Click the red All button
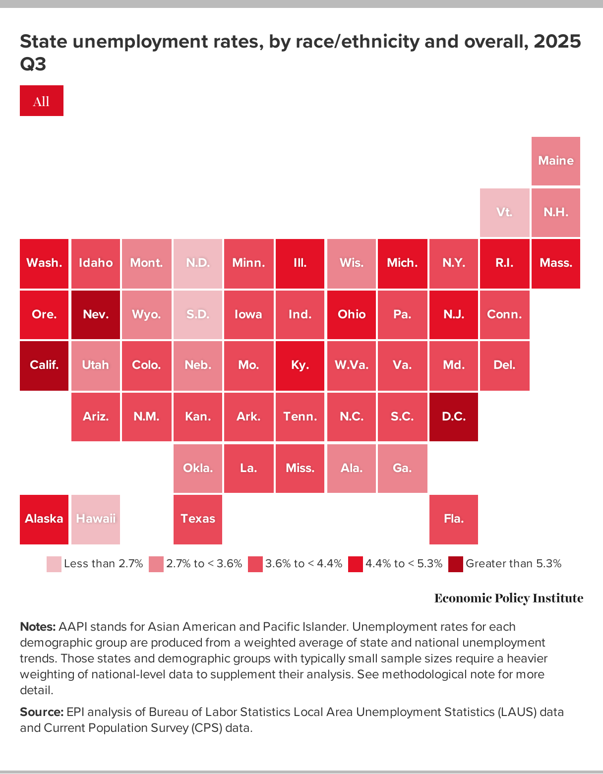(42, 101)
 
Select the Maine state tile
(555, 161)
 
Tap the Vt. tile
(504, 212)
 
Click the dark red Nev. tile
(96, 314)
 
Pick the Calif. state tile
(44, 365)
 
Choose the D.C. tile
(453, 417)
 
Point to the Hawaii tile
(96, 519)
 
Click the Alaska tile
(44, 519)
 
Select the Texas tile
(198, 519)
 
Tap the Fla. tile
(453, 519)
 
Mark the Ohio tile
(351, 314)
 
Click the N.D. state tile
(198, 263)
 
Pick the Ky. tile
(300, 365)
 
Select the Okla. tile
(198, 468)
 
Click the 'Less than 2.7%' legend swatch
(54, 564)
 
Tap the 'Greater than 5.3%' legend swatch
(455, 564)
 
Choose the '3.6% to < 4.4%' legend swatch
(255, 564)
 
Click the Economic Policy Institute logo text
(508, 598)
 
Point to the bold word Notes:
(38, 627)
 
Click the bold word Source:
(42, 712)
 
